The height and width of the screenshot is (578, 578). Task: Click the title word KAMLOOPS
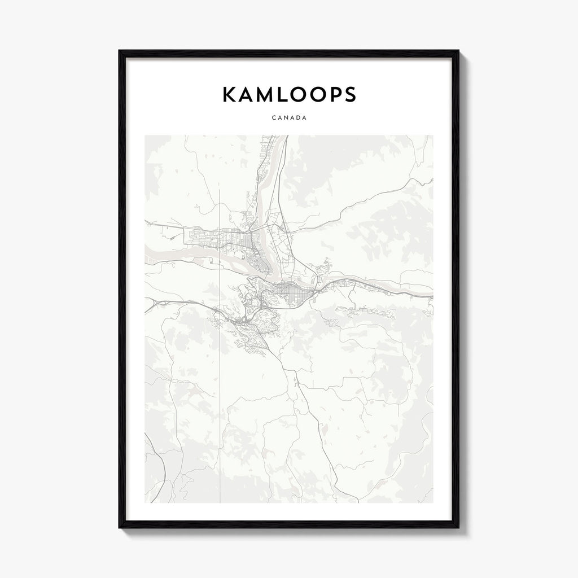click(x=289, y=95)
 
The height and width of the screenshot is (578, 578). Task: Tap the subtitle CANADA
click(x=289, y=119)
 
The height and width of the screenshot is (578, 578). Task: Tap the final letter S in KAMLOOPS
click(x=350, y=95)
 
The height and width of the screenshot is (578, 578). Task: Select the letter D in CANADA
click(x=296, y=119)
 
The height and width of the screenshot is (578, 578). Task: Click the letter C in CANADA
click(x=273, y=119)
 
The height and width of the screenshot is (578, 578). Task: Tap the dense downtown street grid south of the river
click(x=296, y=294)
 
